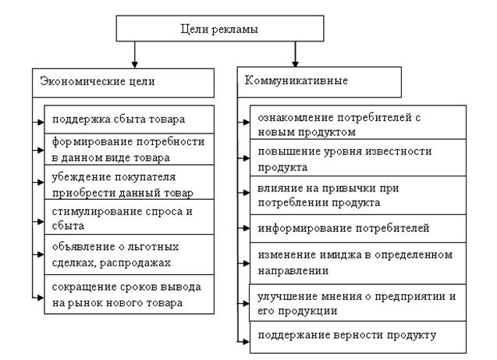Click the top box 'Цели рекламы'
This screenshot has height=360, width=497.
[x=220, y=29]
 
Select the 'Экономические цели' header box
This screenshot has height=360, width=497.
[x=123, y=83]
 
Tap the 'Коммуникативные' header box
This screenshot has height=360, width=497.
[x=319, y=82]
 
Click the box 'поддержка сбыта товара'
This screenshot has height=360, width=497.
[x=130, y=119]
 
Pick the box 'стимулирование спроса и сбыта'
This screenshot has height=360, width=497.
[x=130, y=217]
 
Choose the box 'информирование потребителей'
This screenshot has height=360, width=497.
[x=358, y=228]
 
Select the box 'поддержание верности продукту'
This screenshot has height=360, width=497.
[x=358, y=337]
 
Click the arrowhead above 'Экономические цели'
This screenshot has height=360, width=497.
[x=135, y=64]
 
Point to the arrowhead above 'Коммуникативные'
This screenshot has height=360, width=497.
[x=295, y=63]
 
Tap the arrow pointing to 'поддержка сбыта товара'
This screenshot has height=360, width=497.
[x=38, y=122]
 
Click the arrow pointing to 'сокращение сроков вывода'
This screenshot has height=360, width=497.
[x=38, y=298]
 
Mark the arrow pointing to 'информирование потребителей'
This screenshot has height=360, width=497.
[x=243, y=228]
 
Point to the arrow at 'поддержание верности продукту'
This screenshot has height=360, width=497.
[x=243, y=341]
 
